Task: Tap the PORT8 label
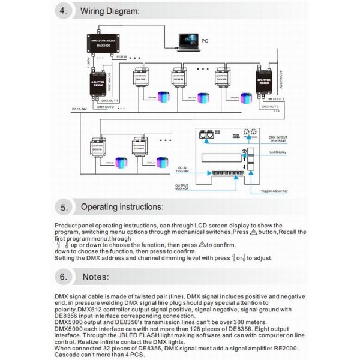point(122,58)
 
